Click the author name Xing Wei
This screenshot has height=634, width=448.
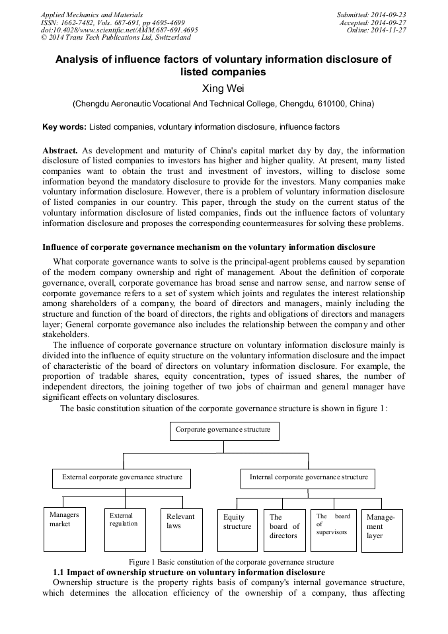click(223, 87)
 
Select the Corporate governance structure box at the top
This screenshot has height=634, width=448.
click(223, 430)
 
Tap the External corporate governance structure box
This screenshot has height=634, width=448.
click(122, 478)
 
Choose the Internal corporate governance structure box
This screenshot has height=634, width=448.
click(309, 478)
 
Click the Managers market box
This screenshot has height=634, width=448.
click(65, 530)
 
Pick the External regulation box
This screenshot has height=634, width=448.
click(125, 530)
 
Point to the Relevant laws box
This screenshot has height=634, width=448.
click(182, 530)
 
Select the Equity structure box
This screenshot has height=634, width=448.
click(237, 530)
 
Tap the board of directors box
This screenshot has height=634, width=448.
click(284, 530)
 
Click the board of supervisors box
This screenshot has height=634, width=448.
click(333, 530)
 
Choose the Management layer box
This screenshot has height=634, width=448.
click(383, 530)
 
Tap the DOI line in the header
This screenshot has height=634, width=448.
click(119, 30)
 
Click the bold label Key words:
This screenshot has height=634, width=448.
click(64, 127)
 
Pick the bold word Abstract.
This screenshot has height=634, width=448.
click(61, 151)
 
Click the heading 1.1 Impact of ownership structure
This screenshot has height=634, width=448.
click(188, 572)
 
